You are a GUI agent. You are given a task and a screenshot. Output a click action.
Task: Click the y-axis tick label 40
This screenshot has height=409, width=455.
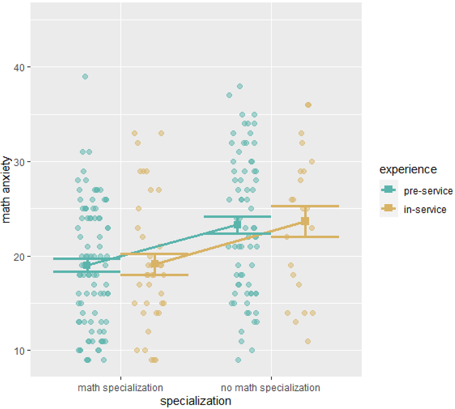pos(19,67)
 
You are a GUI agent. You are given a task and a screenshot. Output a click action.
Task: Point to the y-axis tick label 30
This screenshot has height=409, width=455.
pos(19,162)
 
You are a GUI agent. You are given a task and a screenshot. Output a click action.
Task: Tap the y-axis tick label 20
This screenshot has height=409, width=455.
pos(19,257)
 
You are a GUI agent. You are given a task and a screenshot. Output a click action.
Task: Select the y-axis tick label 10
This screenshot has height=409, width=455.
pos(19,351)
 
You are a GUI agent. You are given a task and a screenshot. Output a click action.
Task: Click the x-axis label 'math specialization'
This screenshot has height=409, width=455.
pos(121,388)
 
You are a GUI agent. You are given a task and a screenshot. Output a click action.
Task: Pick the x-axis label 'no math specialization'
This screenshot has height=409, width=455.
pos(270,388)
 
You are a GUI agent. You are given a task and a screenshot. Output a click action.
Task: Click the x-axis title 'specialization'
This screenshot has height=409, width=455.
pos(196,401)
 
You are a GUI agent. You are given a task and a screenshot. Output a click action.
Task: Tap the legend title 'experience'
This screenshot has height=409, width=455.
pos(408,170)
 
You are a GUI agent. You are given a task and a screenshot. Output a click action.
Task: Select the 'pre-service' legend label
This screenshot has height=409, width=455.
pos(428,191)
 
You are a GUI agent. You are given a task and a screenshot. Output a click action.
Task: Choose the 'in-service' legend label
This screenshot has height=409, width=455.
pos(425,209)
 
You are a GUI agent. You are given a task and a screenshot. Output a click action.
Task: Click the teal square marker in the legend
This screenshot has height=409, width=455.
pos(389,190)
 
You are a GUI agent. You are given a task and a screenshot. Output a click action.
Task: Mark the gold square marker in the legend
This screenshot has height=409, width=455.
pos(389,208)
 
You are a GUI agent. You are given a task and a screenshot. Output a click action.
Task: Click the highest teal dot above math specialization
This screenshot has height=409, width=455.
pos(85,77)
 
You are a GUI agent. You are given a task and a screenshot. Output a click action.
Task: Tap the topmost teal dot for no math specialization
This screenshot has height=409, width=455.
pos(240,86)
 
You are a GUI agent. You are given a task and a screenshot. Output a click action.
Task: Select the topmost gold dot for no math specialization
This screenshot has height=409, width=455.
pos(308,105)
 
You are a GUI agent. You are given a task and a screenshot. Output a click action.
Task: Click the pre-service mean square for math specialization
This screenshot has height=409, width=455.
pos(87,265)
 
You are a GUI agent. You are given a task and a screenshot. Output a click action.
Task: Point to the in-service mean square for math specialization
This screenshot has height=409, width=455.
pos(154,264)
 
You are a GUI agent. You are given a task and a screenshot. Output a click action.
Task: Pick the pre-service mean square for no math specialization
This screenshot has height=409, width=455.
pos(237,225)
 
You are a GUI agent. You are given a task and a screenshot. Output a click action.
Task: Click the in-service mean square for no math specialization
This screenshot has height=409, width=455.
pos(305,221)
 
